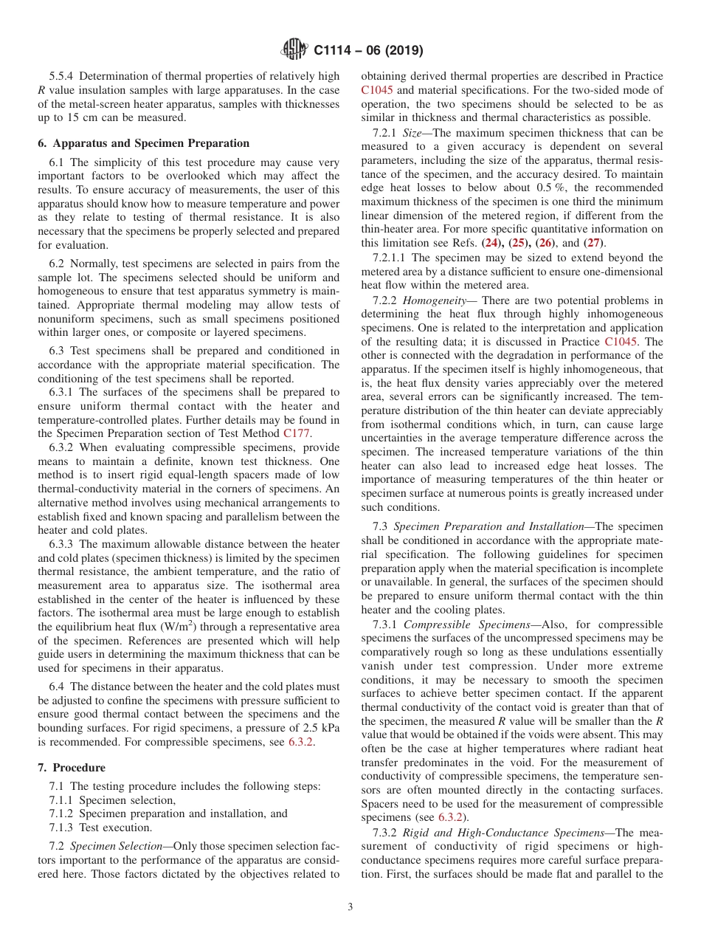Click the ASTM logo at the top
(295, 50)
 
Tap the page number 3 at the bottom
(350, 907)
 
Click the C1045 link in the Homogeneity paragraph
(624, 342)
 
